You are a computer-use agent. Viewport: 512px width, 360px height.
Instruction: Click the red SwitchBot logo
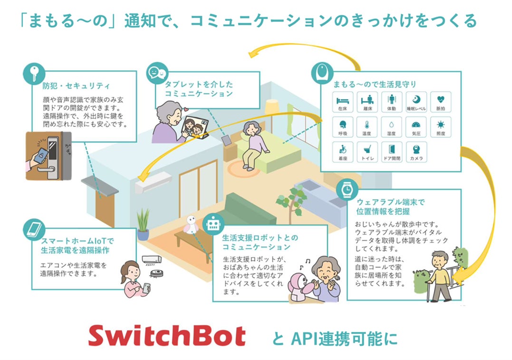(x=167, y=336)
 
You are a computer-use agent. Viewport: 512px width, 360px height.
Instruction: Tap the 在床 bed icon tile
(x=342, y=102)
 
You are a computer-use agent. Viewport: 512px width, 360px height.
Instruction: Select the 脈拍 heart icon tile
(x=440, y=102)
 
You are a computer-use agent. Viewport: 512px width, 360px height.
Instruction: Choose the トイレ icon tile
(x=367, y=151)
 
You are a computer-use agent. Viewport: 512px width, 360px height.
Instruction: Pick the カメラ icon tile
(x=416, y=151)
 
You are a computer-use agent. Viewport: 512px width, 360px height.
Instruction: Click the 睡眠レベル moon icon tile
(x=416, y=102)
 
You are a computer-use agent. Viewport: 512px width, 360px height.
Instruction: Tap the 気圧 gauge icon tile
(x=416, y=126)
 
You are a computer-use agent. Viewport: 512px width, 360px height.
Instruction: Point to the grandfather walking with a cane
(x=440, y=276)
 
